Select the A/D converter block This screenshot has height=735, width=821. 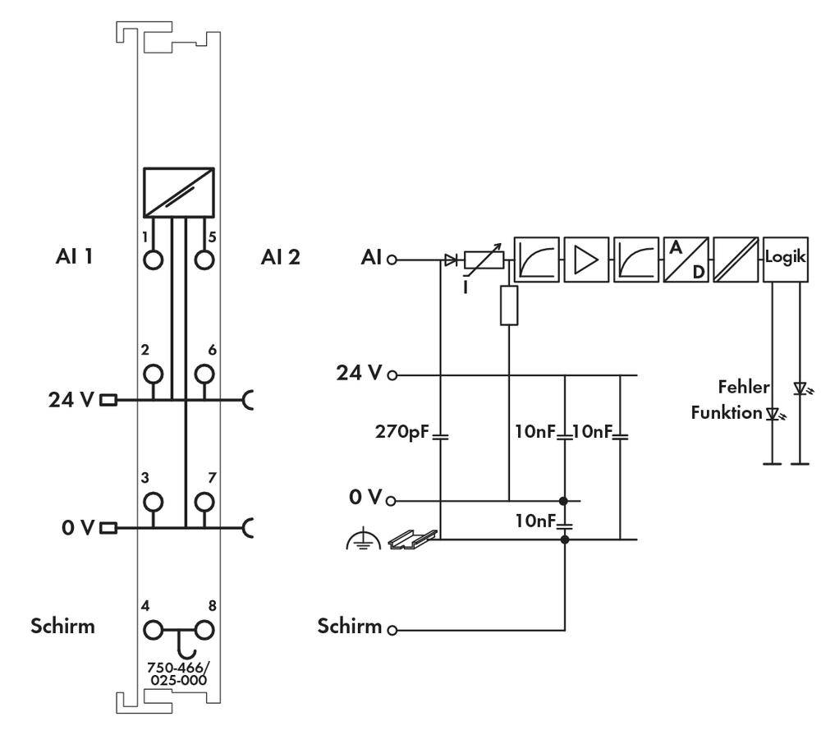tap(686, 259)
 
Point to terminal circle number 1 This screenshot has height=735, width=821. tap(153, 260)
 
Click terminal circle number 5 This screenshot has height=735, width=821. tap(203, 260)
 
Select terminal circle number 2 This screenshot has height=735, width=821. tap(153, 374)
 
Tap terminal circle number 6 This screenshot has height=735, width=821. tap(203, 374)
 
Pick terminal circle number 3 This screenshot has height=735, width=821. tap(153, 501)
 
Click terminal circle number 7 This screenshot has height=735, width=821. tap(203, 501)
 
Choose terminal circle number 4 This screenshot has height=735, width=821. tap(153, 630)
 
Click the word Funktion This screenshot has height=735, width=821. tap(727, 412)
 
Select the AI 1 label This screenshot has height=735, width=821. tap(73, 257)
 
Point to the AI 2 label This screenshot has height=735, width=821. tap(281, 257)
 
